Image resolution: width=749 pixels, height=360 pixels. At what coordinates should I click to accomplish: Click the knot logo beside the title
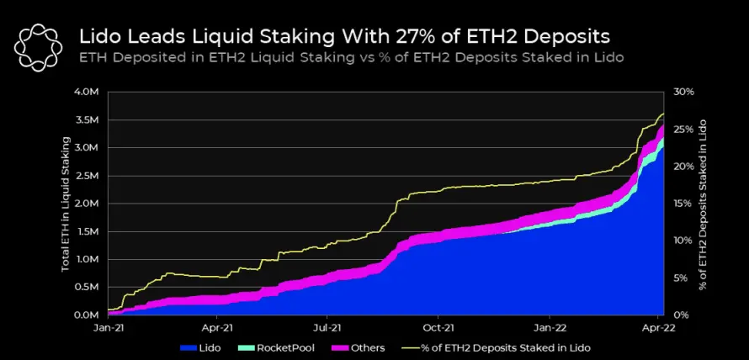pyautogui.click(x=38, y=48)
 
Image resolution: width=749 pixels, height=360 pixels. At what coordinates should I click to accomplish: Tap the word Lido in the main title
pyautogui.click(x=96, y=37)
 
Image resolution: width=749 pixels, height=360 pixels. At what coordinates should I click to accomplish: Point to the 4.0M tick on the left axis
pyautogui.click(x=87, y=93)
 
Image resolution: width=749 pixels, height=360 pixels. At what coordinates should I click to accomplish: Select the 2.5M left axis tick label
pyautogui.click(x=87, y=176)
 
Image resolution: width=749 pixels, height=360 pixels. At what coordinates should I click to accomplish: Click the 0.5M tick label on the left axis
pyautogui.click(x=87, y=288)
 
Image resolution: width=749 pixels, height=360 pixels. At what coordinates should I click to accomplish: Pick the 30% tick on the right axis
pyautogui.click(x=683, y=93)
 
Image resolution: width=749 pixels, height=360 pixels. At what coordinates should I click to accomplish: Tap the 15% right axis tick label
pyautogui.click(x=683, y=204)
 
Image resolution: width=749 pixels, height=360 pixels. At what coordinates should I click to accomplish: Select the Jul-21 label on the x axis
pyautogui.click(x=327, y=329)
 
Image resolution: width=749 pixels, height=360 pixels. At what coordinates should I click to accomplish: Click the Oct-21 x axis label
pyautogui.click(x=438, y=329)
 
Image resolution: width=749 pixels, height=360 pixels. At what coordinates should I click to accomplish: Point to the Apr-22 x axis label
pyautogui.click(x=658, y=329)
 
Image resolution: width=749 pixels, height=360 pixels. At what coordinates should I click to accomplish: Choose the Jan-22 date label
pyautogui.click(x=550, y=329)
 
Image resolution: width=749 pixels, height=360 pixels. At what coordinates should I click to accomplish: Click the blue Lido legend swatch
pyautogui.click(x=189, y=348)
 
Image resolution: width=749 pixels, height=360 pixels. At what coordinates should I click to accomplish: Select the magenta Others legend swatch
pyautogui.click(x=342, y=348)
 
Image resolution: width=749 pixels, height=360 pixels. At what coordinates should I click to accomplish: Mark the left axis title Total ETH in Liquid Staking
pyautogui.click(x=66, y=204)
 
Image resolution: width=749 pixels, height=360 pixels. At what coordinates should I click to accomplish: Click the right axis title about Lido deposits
pyautogui.click(x=702, y=204)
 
